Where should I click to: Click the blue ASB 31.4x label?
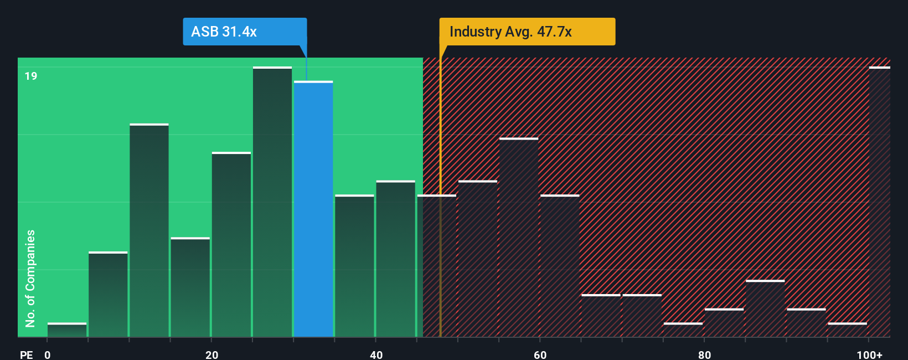(244, 32)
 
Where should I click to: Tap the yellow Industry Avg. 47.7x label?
(527, 32)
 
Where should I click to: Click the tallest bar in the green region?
(272, 202)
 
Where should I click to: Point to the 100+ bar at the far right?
(879, 202)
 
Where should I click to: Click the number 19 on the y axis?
(31, 76)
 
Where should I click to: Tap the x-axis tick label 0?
(48, 354)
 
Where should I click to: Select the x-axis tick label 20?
(211, 354)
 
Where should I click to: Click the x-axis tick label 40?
(376, 354)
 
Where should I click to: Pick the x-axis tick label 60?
(540, 354)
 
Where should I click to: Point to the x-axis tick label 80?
(704, 354)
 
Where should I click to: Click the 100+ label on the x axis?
(869, 354)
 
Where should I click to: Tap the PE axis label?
(26, 354)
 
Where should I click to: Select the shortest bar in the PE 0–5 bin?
(67, 330)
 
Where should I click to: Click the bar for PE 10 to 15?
(149, 230)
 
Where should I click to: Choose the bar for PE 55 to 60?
(519, 238)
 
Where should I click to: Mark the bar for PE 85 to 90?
(765, 308)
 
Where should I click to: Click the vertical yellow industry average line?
(441, 222)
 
